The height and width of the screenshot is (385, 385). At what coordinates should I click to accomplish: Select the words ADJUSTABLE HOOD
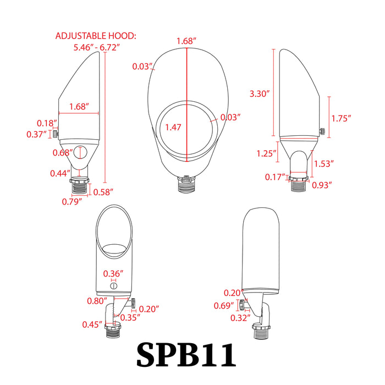pos(96,36)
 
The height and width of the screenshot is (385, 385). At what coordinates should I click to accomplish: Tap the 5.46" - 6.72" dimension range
pos(97,48)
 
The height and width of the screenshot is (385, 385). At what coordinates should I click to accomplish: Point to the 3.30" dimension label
pos(258,94)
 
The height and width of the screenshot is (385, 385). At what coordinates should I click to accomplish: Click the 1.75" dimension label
pos(341,118)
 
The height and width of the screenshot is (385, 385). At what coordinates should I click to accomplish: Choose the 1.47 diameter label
pos(173,127)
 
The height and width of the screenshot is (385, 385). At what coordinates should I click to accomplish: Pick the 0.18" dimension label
pos(45,123)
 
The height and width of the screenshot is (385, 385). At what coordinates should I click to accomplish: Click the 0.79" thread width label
pos(72,201)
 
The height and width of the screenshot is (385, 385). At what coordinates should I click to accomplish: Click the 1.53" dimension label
pos(324,163)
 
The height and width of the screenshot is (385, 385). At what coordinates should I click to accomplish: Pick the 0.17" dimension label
pos(274,177)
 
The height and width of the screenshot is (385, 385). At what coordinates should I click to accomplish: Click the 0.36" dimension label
pos(113,273)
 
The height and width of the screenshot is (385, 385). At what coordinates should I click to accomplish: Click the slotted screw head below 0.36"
pos(113,284)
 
